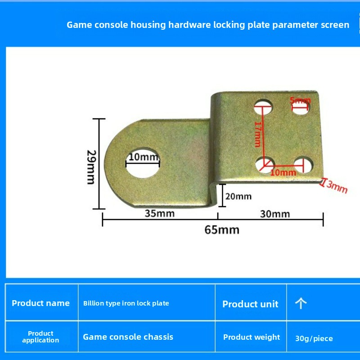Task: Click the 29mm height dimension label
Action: point(91,167)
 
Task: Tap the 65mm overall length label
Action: point(222,230)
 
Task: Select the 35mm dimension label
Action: point(160,213)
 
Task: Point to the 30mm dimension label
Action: point(275,214)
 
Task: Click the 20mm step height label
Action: point(238,197)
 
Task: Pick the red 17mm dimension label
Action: point(258,134)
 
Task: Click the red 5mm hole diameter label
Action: point(300,100)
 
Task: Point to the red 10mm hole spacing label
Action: point(283,172)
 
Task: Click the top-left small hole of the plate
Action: point(263,107)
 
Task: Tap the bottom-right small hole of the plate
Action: point(303,165)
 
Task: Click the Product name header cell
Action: point(40,303)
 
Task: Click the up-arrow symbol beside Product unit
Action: point(301,303)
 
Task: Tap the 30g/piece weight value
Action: point(314,338)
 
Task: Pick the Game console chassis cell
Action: point(128,337)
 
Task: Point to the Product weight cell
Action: point(252,337)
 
